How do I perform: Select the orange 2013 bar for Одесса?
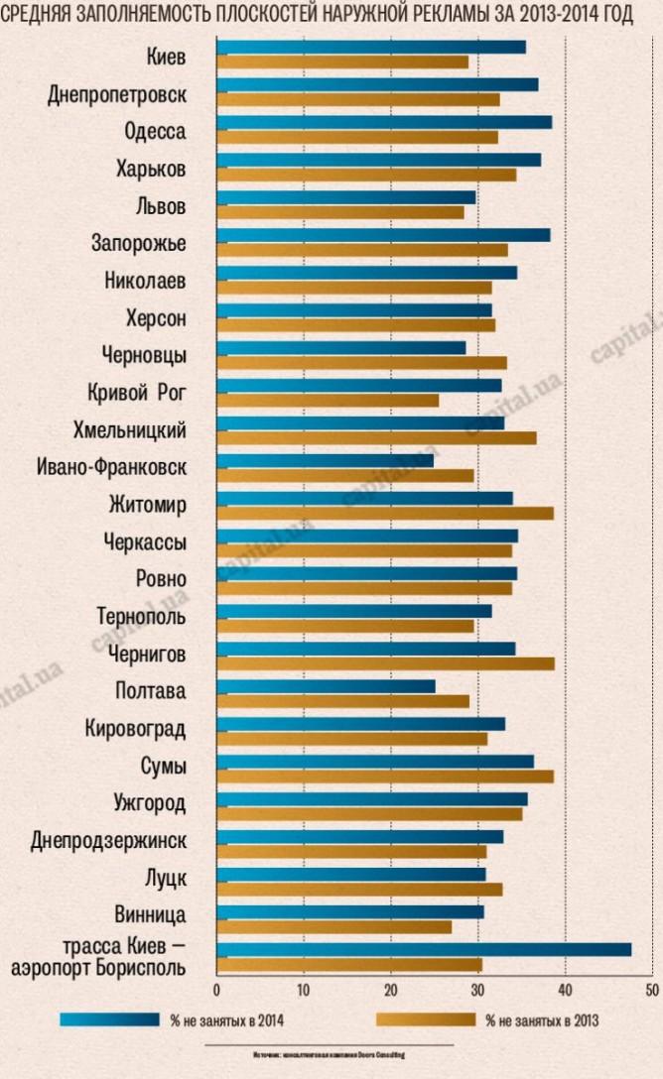(357, 137)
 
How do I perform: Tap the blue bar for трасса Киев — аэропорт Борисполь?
(424, 949)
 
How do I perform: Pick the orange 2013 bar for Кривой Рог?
(328, 400)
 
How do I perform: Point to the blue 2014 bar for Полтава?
(326, 686)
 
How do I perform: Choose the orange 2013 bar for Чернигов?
(385, 662)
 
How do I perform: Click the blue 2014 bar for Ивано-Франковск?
(325, 460)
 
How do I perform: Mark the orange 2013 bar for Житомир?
(385, 513)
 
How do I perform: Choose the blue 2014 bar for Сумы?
(374, 762)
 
